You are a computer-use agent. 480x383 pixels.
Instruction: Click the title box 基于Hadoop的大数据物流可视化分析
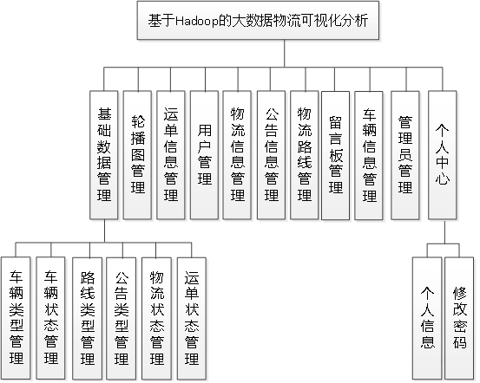tap(258, 22)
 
